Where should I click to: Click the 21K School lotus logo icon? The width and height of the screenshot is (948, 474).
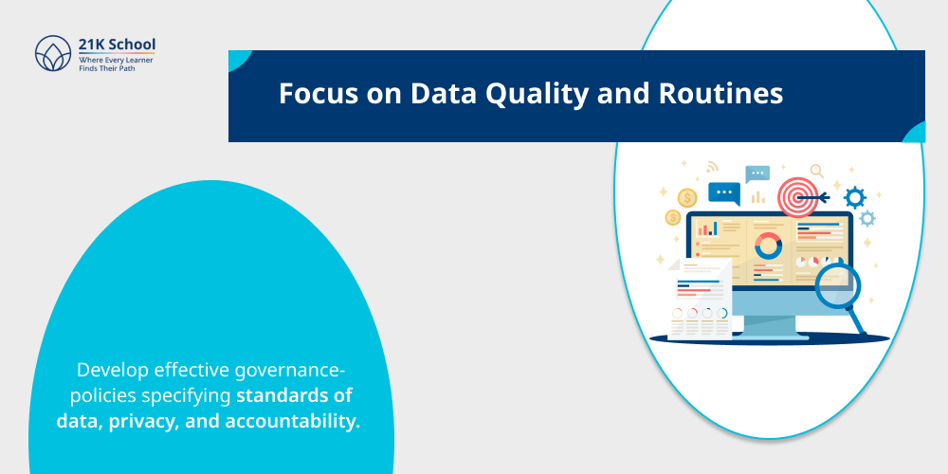[53, 53]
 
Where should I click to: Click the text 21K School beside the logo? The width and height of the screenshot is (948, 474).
[118, 45]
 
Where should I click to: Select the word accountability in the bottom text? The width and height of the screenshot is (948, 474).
[293, 420]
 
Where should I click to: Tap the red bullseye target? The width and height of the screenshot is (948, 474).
[796, 197]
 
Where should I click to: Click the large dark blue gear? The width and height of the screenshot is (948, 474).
[855, 197]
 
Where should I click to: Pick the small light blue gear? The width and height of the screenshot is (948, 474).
[867, 219]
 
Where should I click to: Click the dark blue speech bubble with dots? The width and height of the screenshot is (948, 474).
[724, 192]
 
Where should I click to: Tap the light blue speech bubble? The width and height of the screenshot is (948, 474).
[757, 174]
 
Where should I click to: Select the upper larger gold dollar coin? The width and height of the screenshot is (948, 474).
[687, 197]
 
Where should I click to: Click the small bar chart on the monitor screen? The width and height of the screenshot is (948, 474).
[707, 228]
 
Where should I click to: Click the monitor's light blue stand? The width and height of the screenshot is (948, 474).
[769, 323]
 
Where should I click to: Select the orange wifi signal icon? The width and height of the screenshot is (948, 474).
[712, 167]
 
